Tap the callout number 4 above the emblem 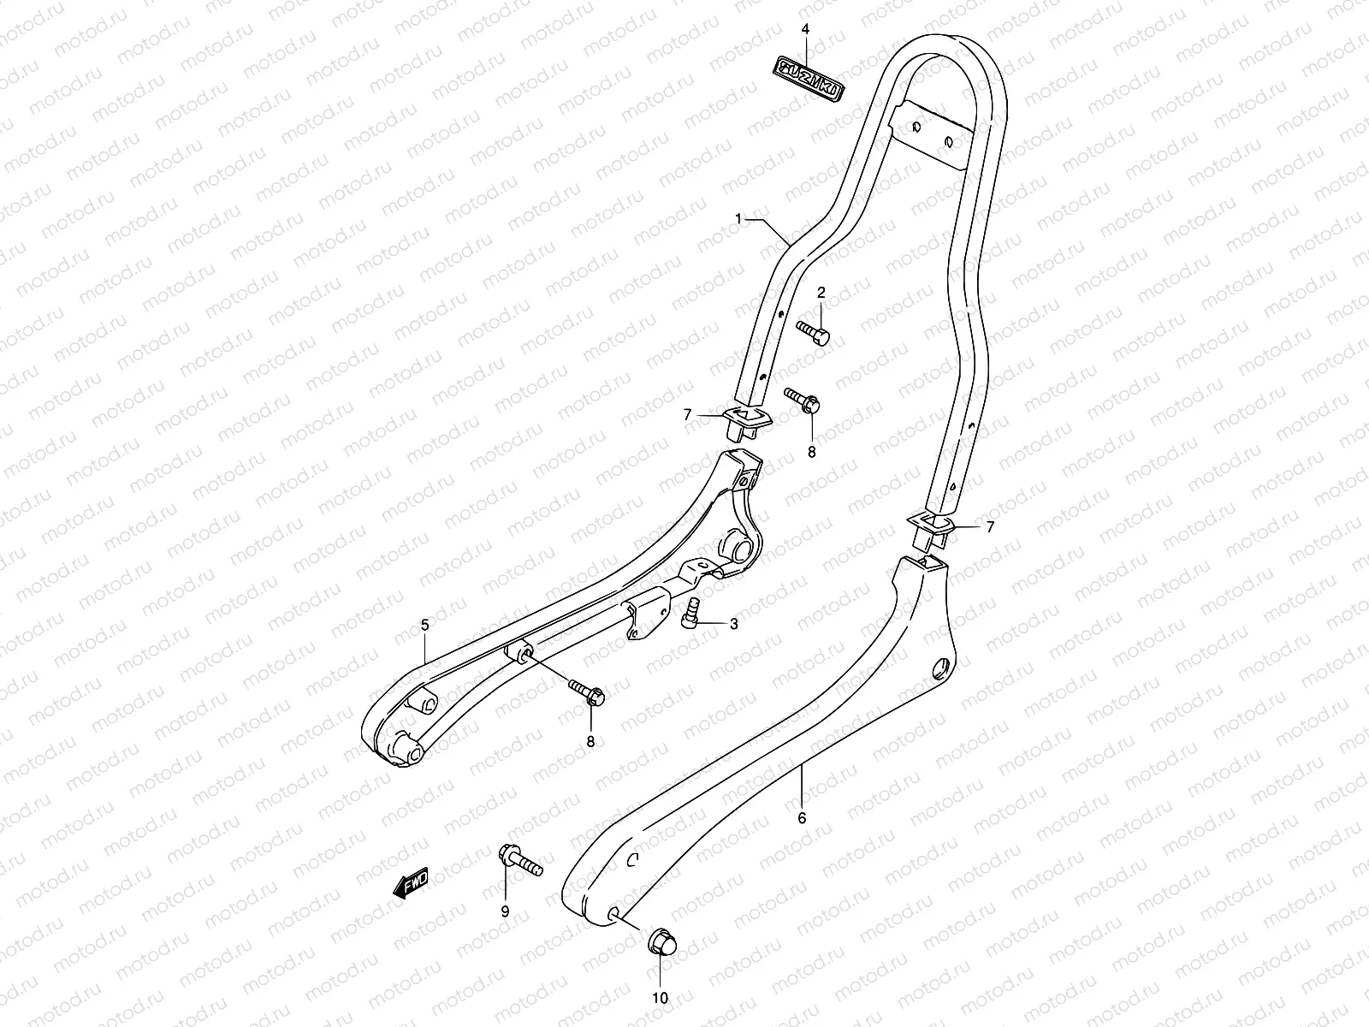point(805,29)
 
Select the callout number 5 point(425,626)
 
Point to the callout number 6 point(802,817)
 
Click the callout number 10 point(661,998)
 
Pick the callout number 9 point(505,911)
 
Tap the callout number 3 point(733,624)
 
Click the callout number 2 point(821,294)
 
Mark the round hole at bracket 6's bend point(942,666)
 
